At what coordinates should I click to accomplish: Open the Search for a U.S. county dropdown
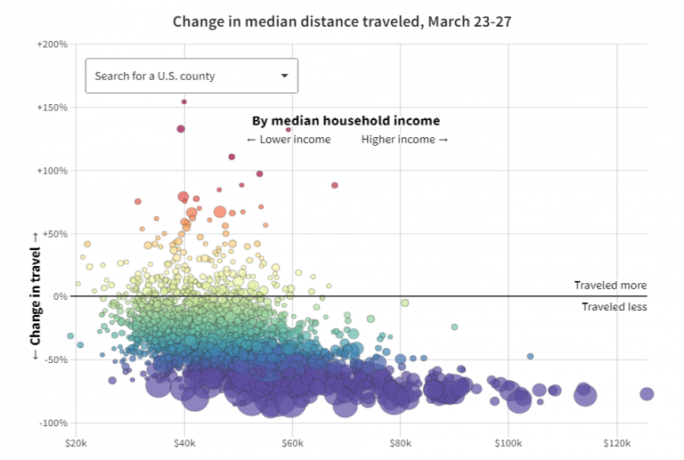pyautogui.click(x=191, y=76)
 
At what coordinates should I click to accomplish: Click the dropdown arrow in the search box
pyautogui.click(x=284, y=76)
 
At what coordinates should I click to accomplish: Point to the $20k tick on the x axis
pyautogui.click(x=76, y=441)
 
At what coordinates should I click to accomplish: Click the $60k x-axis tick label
pyautogui.click(x=292, y=441)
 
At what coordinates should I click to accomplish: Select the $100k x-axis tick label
pyautogui.click(x=508, y=441)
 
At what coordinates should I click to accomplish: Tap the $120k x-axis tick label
pyautogui.click(x=616, y=441)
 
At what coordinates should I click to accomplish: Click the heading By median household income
pyautogui.click(x=346, y=120)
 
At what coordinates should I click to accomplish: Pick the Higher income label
pyautogui.click(x=404, y=140)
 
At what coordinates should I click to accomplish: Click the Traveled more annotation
pyautogui.click(x=610, y=286)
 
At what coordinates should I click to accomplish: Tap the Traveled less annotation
pyautogui.click(x=614, y=307)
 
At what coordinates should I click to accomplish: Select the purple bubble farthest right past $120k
pyautogui.click(x=647, y=394)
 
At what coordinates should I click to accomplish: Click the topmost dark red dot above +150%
pyautogui.click(x=184, y=101)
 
